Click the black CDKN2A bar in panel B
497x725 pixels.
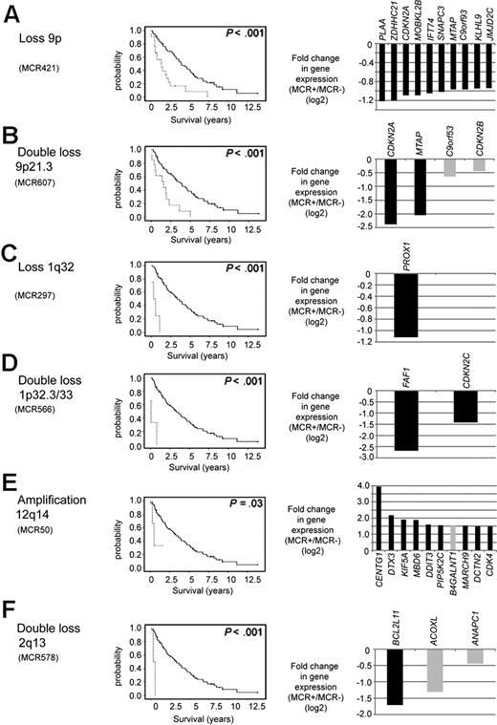click(x=391, y=191)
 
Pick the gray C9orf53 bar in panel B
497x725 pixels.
click(x=450, y=167)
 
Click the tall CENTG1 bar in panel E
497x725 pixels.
click(x=378, y=522)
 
